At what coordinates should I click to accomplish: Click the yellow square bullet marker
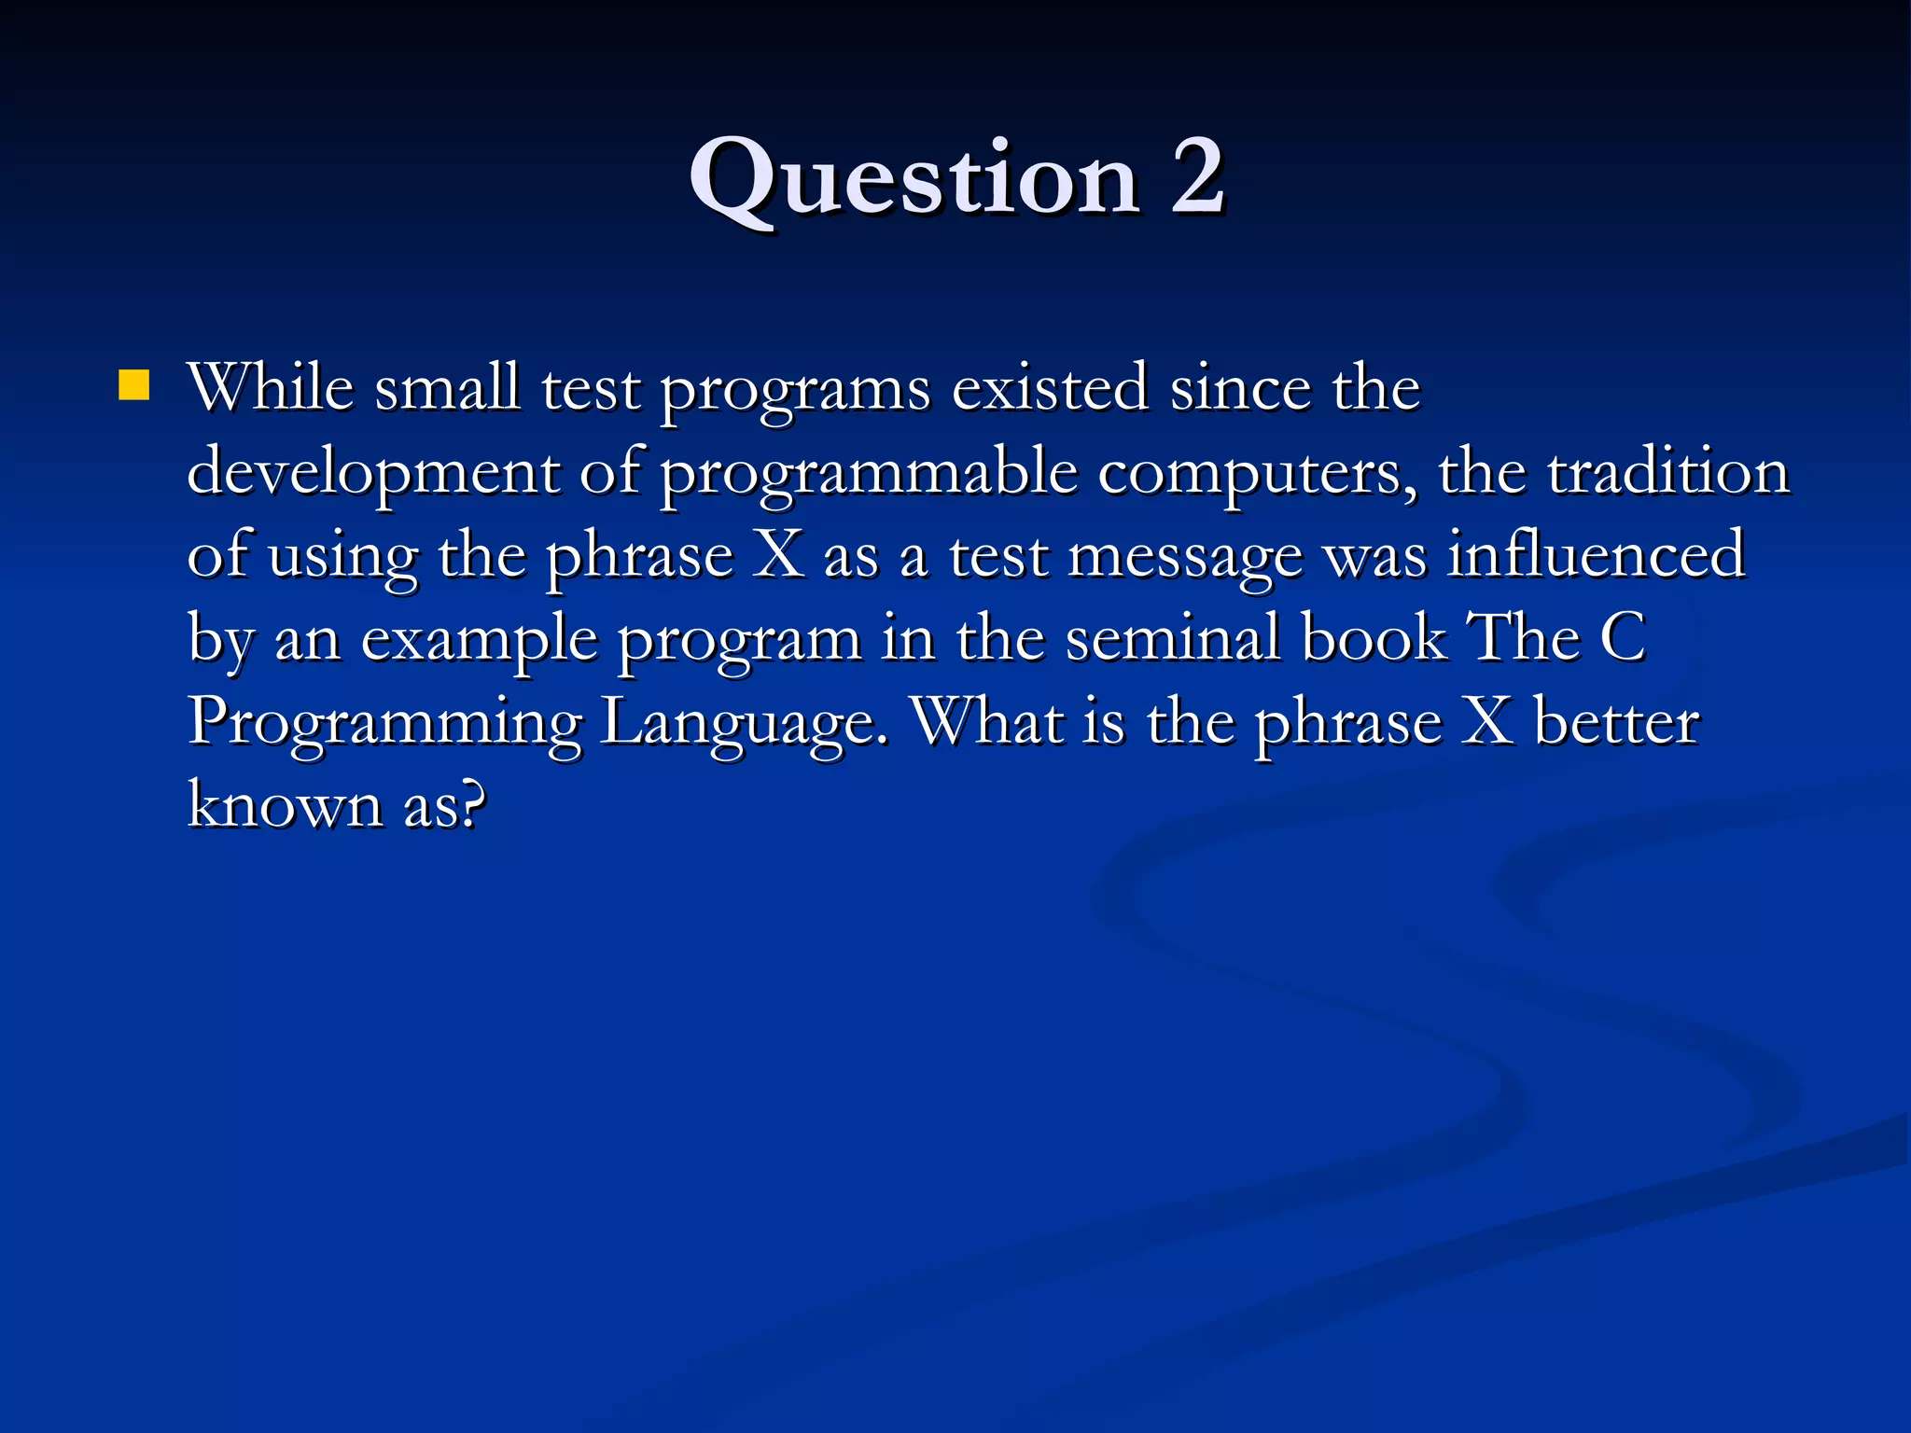point(134,385)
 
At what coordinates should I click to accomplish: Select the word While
point(271,387)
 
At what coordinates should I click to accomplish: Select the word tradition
point(1668,471)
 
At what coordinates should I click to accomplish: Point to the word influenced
point(1596,554)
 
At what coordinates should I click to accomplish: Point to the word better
point(1616,722)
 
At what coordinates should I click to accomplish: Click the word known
point(285,805)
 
